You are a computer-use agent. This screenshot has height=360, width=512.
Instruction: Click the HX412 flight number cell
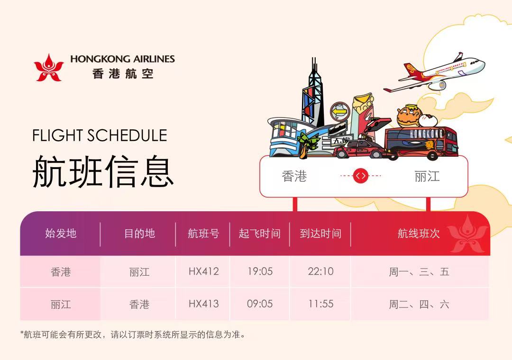point(203,271)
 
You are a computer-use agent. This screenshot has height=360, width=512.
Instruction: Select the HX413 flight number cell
point(203,304)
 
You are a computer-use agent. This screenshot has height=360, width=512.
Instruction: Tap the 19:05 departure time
point(260,271)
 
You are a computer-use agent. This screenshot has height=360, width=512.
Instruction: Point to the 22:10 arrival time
point(320,271)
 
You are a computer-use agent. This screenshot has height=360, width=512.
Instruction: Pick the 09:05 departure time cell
point(260,304)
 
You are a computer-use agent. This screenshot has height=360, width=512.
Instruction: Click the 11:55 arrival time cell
point(321,304)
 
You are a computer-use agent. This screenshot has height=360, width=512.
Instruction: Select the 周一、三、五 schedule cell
point(419,271)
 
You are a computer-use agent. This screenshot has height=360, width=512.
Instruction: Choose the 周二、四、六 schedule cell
point(419,304)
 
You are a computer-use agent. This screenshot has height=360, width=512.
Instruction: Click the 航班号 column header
point(203,234)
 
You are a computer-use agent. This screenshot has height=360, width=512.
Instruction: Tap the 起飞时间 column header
point(260,234)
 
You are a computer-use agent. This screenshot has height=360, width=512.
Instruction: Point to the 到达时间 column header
point(320,234)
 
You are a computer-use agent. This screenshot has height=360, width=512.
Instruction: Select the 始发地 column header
point(61,234)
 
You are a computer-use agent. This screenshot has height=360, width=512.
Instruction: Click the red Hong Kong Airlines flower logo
point(49,68)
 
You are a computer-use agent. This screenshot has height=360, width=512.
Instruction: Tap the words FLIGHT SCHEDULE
point(100,135)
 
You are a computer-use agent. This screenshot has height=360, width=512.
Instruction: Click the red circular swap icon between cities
point(360,176)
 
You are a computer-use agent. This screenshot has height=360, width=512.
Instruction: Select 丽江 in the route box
point(427,177)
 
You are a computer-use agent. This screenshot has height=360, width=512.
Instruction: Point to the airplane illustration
point(434,72)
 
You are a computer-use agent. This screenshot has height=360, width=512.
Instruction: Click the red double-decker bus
point(421,143)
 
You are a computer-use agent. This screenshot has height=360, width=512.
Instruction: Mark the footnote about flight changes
point(133,334)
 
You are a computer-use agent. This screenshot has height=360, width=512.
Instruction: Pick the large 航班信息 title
point(103,171)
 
